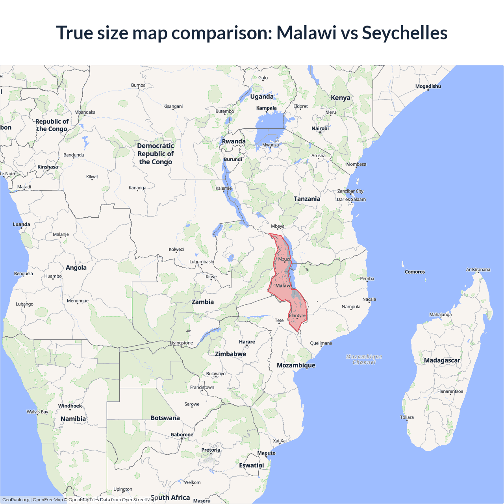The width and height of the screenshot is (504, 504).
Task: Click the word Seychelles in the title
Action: [x=404, y=33]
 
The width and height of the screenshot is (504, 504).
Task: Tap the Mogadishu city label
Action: [x=428, y=86]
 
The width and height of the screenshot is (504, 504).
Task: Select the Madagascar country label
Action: [x=442, y=360]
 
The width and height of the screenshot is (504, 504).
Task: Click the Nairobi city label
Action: [x=320, y=128]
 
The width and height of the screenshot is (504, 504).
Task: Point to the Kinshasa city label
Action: [x=48, y=167]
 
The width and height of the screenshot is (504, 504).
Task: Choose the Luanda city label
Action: [x=21, y=224]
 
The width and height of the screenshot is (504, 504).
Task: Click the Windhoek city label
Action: [x=70, y=406]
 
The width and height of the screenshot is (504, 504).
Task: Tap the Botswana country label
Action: [x=165, y=418]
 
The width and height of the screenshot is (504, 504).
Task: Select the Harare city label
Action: [x=247, y=342]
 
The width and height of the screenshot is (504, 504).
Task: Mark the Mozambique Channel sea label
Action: [x=364, y=359]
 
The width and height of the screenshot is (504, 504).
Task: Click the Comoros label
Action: [x=415, y=272]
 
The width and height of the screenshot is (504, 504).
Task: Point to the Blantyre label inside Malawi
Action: [x=297, y=315]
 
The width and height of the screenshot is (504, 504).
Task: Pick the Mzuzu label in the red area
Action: [x=285, y=259]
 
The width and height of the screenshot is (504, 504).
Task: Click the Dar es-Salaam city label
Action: [x=351, y=199]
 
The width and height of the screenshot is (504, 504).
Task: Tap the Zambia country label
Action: [x=202, y=302]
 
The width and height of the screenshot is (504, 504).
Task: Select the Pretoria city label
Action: [x=211, y=450]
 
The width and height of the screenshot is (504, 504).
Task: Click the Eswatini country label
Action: [x=251, y=465]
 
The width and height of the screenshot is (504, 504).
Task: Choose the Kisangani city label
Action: [x=173, y=106]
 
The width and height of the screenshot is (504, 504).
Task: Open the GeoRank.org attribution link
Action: [x=16, y=500]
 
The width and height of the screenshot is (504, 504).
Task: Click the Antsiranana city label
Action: [x=478, y=270]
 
